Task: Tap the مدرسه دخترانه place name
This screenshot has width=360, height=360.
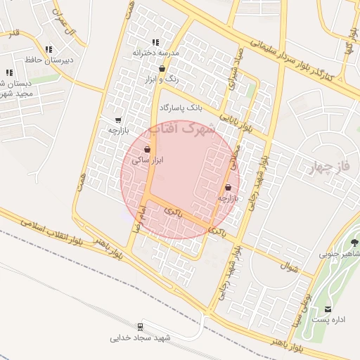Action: click(157, 53)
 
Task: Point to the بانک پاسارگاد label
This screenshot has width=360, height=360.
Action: click(181, 108)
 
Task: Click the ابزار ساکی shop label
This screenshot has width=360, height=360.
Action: click(148, 160)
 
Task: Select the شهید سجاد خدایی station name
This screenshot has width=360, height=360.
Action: click(140, 338)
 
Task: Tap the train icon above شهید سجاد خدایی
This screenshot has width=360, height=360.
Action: click(140, 327)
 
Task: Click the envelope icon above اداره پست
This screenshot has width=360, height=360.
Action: click(328, 309)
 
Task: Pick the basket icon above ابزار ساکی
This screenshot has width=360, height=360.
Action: click(146, 149)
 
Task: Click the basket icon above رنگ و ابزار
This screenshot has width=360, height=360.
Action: click(163, 69)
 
